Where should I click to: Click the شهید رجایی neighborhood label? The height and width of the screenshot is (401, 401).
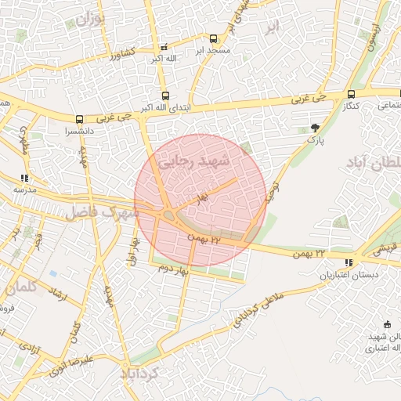coord(196,162)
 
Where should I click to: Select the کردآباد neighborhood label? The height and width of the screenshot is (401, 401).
coord(139,374)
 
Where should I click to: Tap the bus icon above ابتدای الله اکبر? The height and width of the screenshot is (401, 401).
coord(164,96)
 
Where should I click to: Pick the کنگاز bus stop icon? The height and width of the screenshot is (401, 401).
coord(350,94)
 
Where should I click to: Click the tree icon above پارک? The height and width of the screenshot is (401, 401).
coord(315,128)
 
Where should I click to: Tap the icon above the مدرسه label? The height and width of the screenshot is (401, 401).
coord(24,178)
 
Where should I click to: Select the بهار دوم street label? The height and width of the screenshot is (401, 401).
coord(175,269)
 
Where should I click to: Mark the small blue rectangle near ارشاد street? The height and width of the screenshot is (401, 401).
coord(52,274)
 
